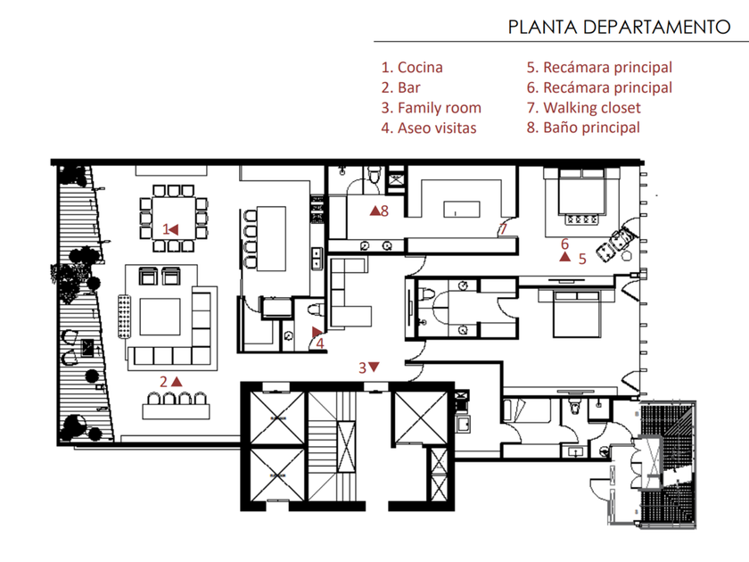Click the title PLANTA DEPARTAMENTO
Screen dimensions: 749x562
tap(619, 27)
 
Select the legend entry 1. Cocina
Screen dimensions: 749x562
tap(412, 68)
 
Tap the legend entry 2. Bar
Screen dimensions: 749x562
tap(400, 87)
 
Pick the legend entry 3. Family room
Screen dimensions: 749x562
tap(431, 108)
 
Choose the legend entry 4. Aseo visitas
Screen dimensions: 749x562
tap(429, 128)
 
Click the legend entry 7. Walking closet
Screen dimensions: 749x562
tap(584, 108)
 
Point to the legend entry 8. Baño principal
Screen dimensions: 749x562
tap(583, 128)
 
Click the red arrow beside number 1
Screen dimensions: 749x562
tap(173, 229)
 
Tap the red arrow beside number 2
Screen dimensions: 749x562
tap(177, 382)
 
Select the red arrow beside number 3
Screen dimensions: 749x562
tap(374, 367)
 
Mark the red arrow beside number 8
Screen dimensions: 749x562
tap(375, 210)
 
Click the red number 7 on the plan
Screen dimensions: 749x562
tap(503, 229)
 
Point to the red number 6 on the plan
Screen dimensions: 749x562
tap(564, 244)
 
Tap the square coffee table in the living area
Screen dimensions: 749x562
tap(160, 317)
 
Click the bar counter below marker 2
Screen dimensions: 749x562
tap(177, 411)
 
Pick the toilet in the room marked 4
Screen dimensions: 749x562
tap(316, 310)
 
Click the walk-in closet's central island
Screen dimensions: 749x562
tap(462, 210)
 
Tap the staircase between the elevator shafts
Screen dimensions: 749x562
tap(333, 446)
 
